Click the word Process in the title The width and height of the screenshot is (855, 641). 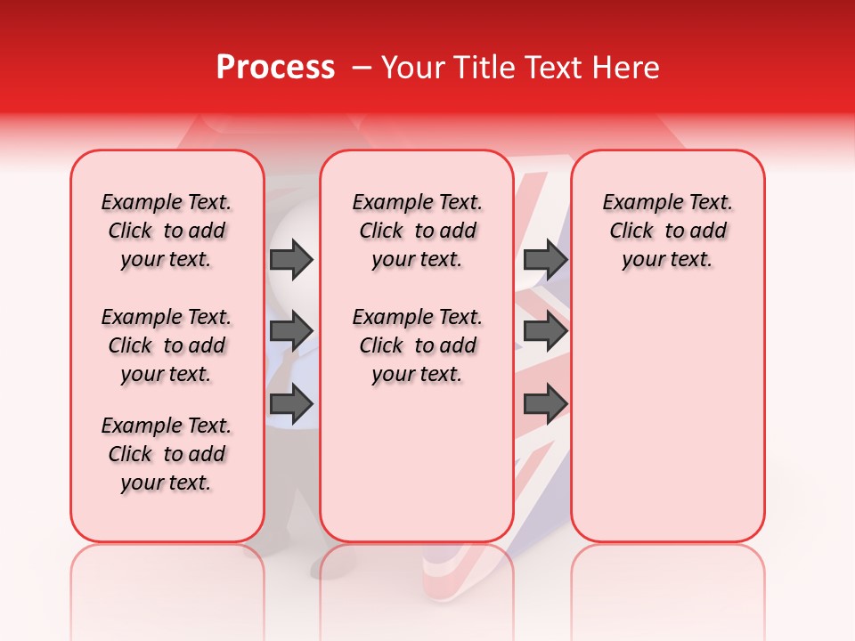coord(274,68)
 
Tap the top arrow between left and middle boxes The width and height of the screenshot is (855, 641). coord(291,259)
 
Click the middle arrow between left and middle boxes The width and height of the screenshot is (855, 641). coord(291,331)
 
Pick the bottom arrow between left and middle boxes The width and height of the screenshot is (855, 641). coord(291,403)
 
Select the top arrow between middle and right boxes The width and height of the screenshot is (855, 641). coord(545,259)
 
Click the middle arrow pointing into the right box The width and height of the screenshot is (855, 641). coord(545,331)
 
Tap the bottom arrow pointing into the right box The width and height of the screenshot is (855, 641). coord(545,403)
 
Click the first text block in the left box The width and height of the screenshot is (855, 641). coord(167,231)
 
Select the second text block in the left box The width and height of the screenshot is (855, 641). coord(167,345)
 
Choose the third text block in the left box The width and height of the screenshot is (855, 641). coord(167,454)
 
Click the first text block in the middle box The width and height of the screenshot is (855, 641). coord(417,231)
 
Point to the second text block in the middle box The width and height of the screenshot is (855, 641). coord(417,345)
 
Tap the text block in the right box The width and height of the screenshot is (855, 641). coord(667,231)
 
